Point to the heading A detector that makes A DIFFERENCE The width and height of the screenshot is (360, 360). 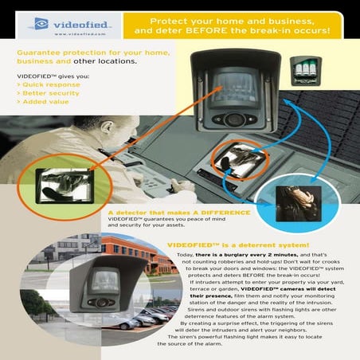[x=178, y=213]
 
